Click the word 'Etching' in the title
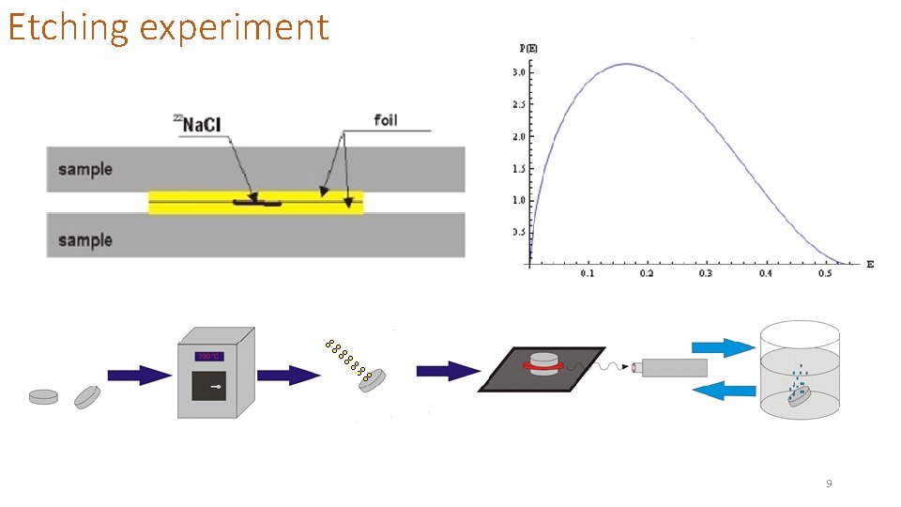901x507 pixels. (67, 28)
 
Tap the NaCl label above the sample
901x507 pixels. (203, 124)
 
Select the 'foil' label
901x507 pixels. (386, 119)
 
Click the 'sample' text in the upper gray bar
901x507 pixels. (84, 169)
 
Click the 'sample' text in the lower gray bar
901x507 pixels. (84, 240)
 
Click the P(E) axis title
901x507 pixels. (528, 48)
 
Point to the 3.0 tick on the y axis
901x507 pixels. (517, 72)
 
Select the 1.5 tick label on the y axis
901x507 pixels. (517, 168)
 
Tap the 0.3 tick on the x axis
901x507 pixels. (706, 273)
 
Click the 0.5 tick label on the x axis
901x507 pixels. (824, 273)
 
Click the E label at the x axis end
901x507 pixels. (869, 264)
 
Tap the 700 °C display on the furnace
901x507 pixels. (209, 357)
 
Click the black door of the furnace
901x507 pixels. (208, 385)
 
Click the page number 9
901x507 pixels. (829, 484)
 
